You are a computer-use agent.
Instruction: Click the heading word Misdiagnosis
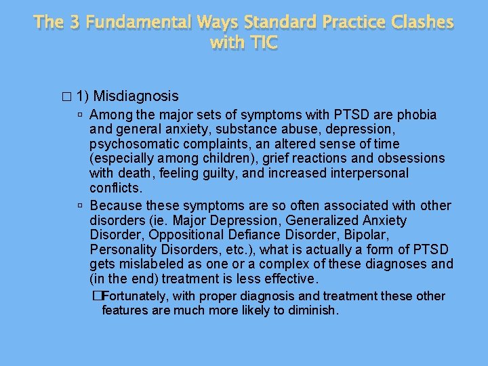137,96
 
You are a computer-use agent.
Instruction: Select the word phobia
415,115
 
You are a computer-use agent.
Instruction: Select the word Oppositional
182,235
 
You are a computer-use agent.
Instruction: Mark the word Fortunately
136,296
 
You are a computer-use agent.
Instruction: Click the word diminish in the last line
312,310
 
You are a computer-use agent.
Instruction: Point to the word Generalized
321,220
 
